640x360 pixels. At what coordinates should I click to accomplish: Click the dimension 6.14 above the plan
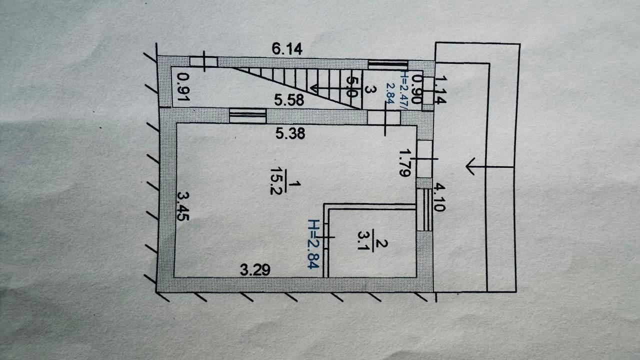[x=288, y=49]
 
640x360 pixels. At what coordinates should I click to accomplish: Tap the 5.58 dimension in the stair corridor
[x=289, y=100]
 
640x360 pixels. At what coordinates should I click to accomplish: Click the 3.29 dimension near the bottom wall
[x=255, y=270]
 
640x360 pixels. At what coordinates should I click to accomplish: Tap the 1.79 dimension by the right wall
[x=405, y=162]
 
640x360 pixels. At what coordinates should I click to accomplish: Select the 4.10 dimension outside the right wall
[x=439, y=197]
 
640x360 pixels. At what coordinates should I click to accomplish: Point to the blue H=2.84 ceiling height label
[x=313, y=244]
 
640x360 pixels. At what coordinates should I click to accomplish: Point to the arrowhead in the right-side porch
[x=470, y=166]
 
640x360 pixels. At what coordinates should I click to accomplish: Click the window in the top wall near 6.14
[x=388, y=63]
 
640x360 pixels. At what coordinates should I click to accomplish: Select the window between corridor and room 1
[x=247, y=115]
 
